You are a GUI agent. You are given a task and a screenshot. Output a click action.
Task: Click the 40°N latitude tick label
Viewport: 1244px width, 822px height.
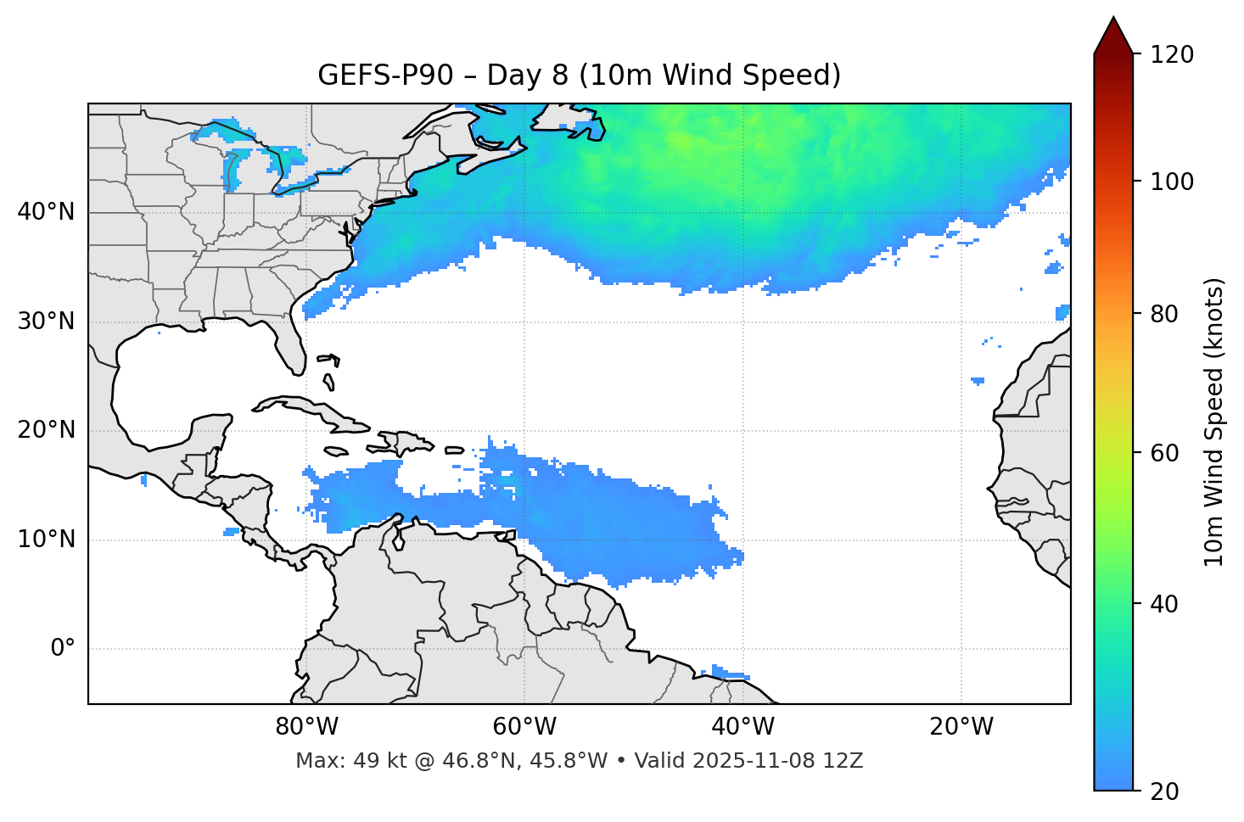click(x=46, y=212)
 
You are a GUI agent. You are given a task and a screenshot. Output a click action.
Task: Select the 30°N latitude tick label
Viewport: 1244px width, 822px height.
click(x=46, y=322)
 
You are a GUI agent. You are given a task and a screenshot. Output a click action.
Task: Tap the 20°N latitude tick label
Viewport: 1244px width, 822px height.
click(x=46, y=430)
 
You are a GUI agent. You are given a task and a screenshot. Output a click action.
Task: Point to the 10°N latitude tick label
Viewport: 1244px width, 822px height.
click(x=46, y=540)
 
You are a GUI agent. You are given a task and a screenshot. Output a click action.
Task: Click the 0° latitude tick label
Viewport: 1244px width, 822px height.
click(x=63, y=649)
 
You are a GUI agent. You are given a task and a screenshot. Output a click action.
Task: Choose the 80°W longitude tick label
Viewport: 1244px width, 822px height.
click(x=306, y=727)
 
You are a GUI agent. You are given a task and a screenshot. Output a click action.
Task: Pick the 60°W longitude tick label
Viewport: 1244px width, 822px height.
click(x=524, y=727)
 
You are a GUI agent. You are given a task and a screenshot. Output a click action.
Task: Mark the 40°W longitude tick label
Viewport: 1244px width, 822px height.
click(x=742, y=727)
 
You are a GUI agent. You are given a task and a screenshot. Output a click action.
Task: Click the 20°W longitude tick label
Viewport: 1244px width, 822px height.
click(x=961, y=727)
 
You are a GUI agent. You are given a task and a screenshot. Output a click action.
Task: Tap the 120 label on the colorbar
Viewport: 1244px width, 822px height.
click(x=1172, y=54)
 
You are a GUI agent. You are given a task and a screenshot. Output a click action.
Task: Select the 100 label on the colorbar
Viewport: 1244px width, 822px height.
click(x=1172, y=182)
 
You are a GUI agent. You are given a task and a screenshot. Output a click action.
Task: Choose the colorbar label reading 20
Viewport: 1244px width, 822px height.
click(x=1165, y=791)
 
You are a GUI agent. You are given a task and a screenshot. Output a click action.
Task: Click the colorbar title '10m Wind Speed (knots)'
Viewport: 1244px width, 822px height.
click(x=1214, y=422)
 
